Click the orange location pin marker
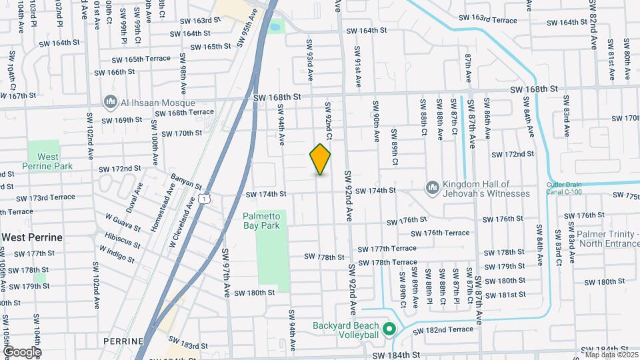(320, 159)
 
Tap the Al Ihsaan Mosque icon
(111, 102)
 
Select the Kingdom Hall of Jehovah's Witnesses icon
(433, 188)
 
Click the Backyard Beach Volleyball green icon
(389, 329)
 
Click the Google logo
(21, 351)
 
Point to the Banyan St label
(186, 180)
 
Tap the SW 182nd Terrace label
(443, 330)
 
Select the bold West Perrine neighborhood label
(32, 237)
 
